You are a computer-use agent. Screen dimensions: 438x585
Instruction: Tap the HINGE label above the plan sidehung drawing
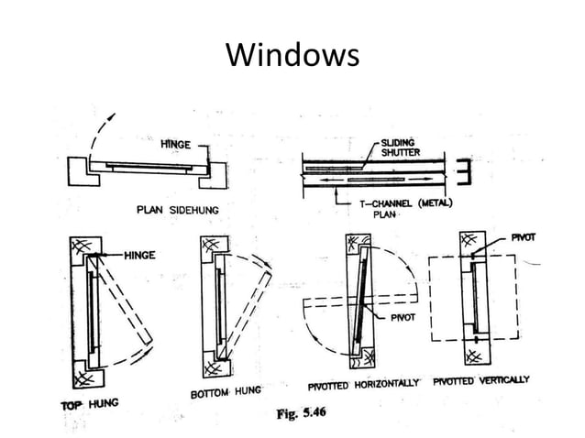pos(175,145)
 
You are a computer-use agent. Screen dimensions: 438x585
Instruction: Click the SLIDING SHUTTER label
pos(400,148)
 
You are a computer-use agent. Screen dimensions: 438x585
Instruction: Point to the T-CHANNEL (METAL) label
pos(409,203)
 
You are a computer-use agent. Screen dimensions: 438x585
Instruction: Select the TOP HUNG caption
pos(90,403)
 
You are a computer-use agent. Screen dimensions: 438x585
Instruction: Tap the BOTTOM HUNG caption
pos(226,393)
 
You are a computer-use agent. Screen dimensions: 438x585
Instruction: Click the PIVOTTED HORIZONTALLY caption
pos(364,384)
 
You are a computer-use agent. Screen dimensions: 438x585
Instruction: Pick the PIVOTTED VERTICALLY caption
pos(480,379)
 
